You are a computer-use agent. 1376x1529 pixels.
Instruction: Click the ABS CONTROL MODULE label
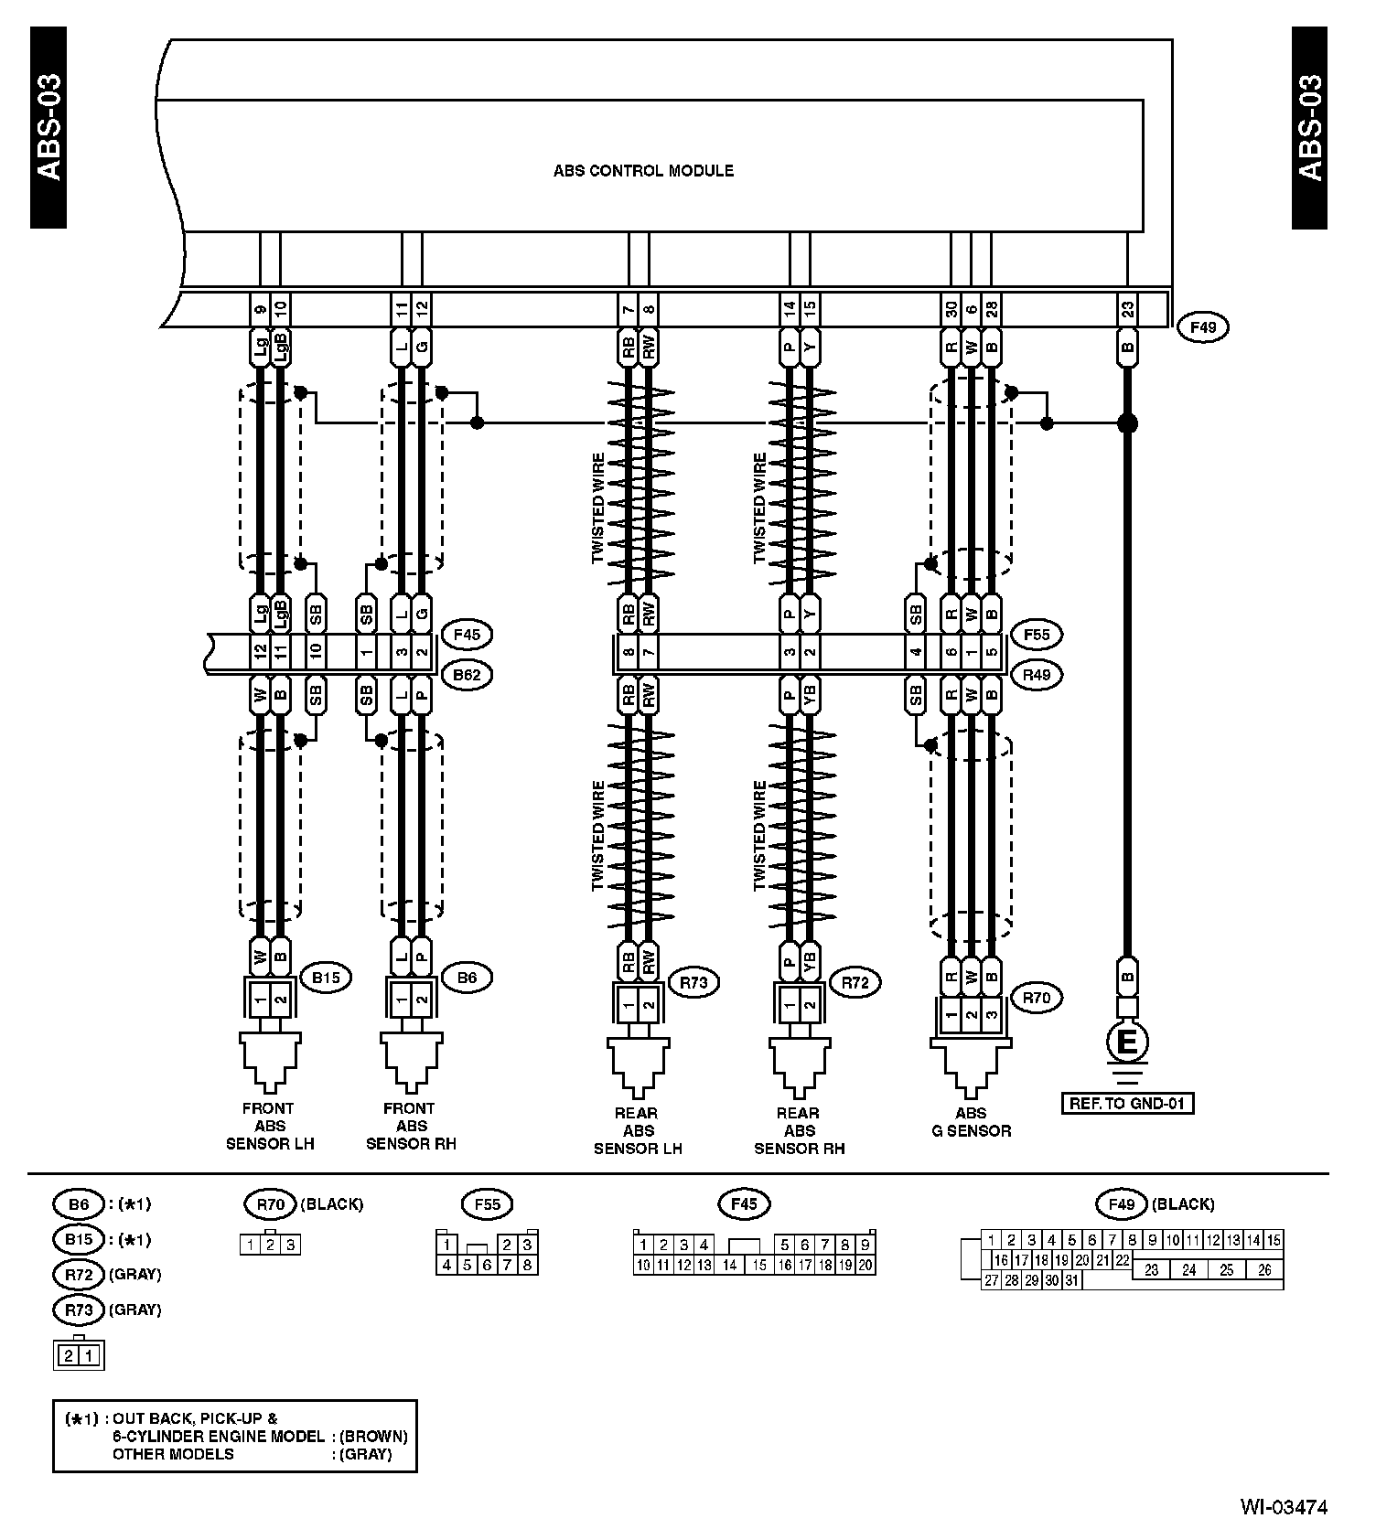point(643,171)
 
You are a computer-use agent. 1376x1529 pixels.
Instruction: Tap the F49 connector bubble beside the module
point(1202,326)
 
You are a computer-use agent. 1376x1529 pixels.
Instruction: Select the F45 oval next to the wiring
point(466,634)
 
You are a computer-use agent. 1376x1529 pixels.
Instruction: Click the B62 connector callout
point(466,675)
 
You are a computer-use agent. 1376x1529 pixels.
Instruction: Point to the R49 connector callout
point(1037,675)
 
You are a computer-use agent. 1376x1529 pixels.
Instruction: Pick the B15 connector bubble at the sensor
point(326,978)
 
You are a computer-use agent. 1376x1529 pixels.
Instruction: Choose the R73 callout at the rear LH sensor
point(693,983)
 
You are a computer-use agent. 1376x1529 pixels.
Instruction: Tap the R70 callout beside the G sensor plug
point(1037,998)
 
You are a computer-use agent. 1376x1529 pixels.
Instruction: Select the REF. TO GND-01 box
point(1127,1104)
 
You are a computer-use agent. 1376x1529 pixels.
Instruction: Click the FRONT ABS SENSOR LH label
point(269,1126)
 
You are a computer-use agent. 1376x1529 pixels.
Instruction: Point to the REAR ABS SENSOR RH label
point(799,1130)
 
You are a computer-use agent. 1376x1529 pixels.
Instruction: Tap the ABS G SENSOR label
point(971,1122)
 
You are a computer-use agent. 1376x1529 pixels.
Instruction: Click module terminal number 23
point(1128,309)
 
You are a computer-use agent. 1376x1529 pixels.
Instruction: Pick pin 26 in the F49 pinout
point(1264,1270)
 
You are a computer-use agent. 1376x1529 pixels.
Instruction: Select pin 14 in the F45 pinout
point(729,1266)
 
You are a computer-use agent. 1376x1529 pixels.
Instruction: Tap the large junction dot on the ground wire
point(1128,423)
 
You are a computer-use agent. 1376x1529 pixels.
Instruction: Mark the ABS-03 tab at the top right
point(1309,128)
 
